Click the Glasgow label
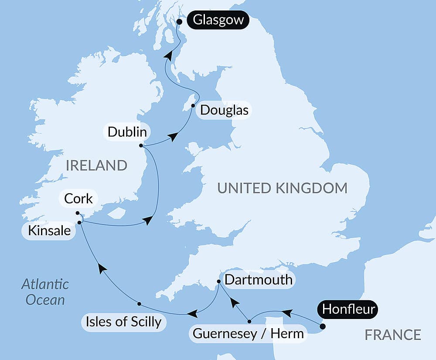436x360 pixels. [218, 21]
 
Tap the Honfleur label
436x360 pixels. [349, 309]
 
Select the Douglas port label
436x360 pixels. [225, 110]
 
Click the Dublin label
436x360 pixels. [127, 132]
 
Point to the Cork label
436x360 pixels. [78, 199]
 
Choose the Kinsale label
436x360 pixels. [49, 231]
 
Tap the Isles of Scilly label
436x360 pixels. [124, 322]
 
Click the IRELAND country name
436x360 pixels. [96, 165]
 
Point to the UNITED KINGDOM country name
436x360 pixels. [283, 188]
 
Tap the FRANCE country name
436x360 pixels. [393, 335]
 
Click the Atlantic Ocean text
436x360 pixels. [45, 292]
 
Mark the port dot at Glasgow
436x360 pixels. [179, 21]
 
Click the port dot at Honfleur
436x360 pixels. [322, 326]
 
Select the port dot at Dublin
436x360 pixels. [141, 146]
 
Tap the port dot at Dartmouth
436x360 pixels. [219, 281]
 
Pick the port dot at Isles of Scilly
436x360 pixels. [139, 303]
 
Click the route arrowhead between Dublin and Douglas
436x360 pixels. [173, 137]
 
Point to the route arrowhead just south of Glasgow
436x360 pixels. [168, 55]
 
